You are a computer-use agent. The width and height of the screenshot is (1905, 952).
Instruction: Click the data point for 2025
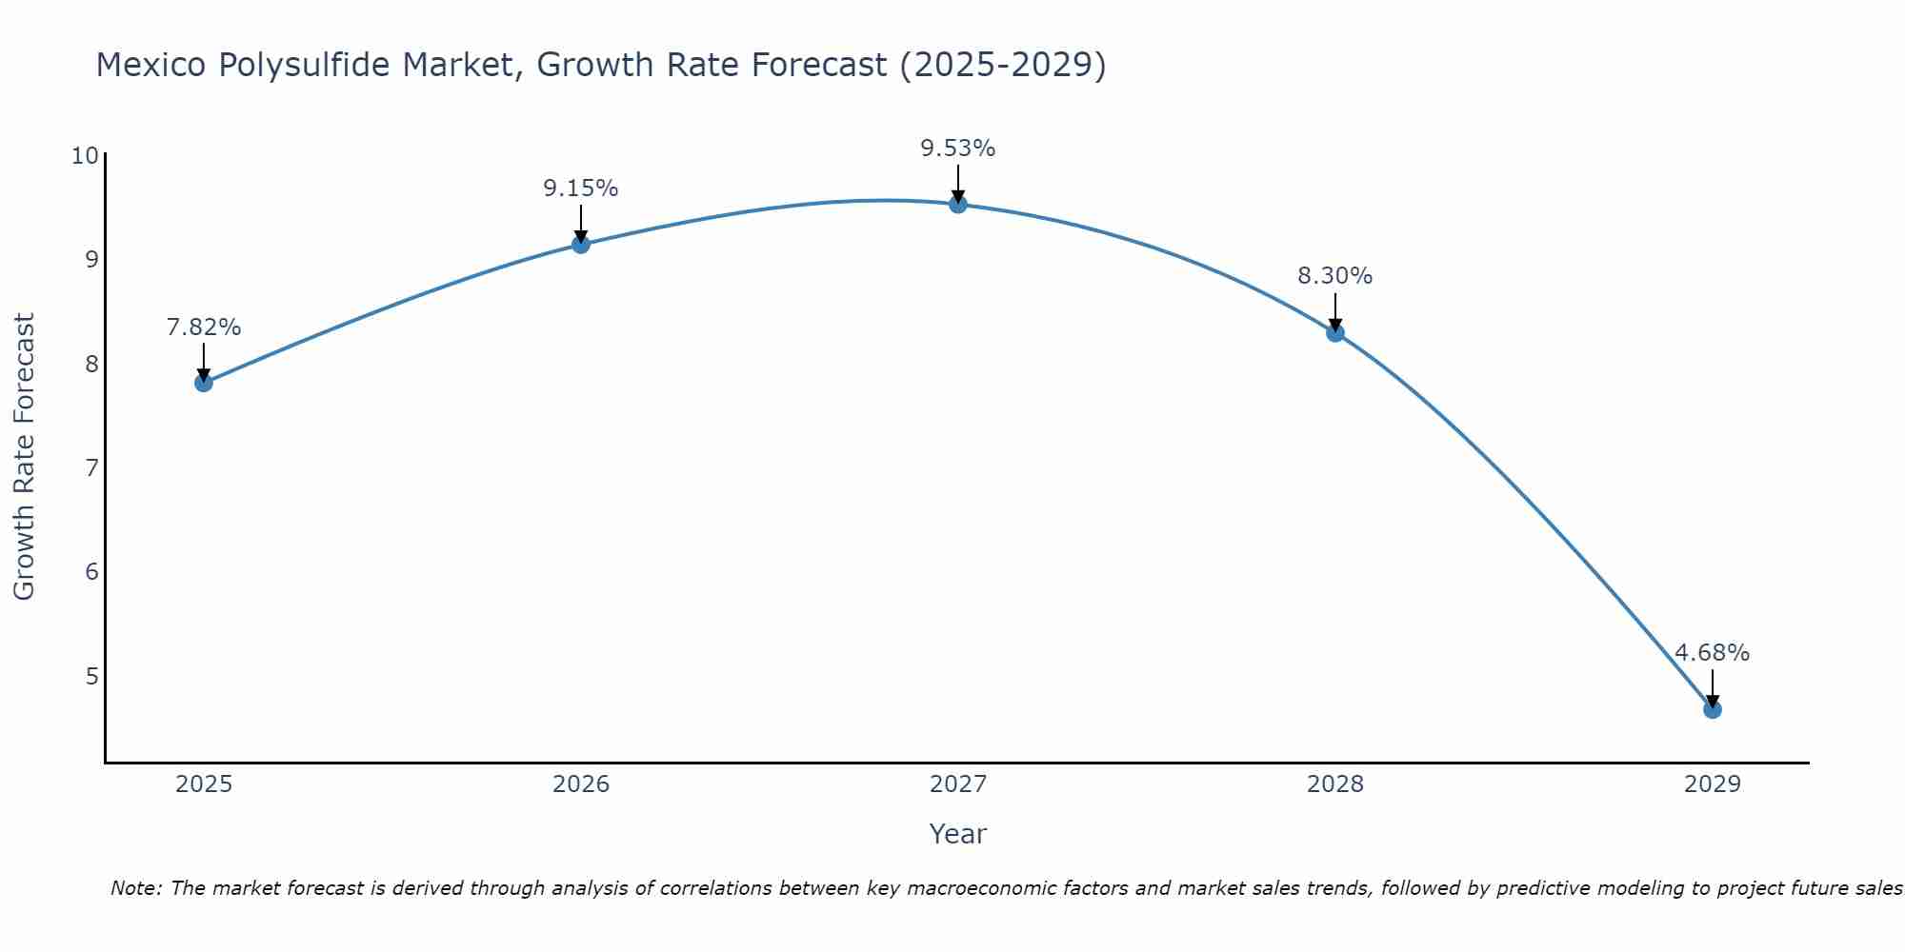coord(204,383)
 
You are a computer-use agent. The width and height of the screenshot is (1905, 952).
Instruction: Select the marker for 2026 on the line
coord(581,245)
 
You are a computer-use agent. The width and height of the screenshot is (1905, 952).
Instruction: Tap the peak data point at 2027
coord(958,205)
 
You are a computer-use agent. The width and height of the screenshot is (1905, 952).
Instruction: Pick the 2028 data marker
coord(1335,333)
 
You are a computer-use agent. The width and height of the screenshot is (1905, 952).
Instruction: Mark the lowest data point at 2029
coord(1713,709)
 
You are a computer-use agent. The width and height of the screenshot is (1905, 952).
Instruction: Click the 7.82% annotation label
coord(204,327)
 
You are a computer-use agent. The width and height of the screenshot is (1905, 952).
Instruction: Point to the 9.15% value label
coord(581,188)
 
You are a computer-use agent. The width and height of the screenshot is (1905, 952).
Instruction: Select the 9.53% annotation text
coord(958,149)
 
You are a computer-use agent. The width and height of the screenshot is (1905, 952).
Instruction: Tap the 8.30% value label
coord(1335,276)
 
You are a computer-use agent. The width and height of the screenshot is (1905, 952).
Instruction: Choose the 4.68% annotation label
coord(1713,653)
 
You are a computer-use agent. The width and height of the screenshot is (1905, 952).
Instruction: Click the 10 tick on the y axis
coord(85,155)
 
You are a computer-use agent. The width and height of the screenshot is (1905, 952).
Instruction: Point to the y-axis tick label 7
coord(91,467)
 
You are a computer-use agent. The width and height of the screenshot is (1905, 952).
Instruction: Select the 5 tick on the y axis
coord(91,676)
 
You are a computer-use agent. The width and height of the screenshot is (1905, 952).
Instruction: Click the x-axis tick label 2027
coord(958,784)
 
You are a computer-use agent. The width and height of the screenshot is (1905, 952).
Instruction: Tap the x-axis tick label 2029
coord(1713,784)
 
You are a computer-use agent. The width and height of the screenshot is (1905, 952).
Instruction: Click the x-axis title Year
coord(958,834)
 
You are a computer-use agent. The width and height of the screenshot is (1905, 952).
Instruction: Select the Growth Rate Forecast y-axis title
coord(25,457)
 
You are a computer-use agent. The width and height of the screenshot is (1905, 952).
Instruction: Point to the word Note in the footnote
coord(136,888)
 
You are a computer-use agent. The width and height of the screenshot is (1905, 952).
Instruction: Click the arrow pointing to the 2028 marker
coord(1335,310)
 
